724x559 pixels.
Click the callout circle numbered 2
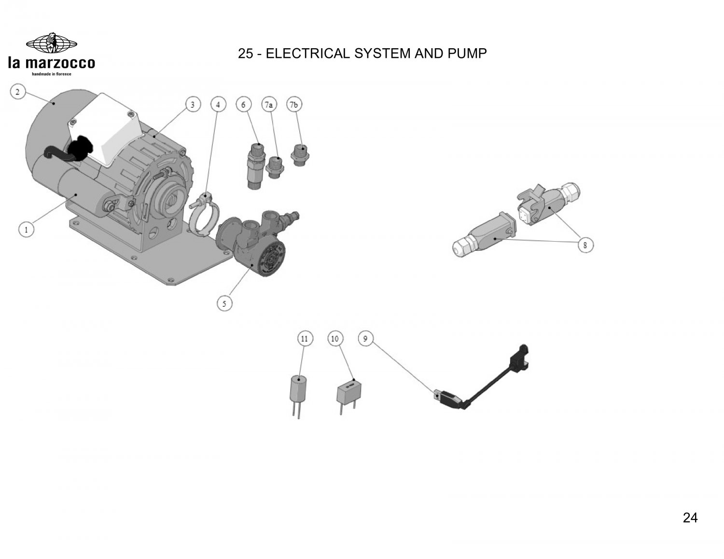pyautogui.click(x=18, y=92)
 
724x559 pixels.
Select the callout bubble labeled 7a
pyautogui.click(x=269, y=105)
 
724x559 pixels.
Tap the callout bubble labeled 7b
pyautogui.click(x=294, y=105)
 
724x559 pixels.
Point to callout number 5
pyautogui.click(x=224, y=303)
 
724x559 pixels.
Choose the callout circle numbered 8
pyautogui.click(x=585, y=245)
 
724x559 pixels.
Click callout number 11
pyautogui.click(x=305, y=339)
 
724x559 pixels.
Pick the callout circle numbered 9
pyautogui.click(x=365, y=339)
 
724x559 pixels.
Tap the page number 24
pyautogui.click(x=690, y=518)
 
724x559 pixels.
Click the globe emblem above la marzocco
pyautogui.click(x=52, y=43)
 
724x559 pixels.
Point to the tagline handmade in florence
pyautogui.click(x=52, y=74)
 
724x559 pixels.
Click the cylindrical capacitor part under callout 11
pyautogui.click(x=298, y=396)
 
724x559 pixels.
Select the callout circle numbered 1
pyautogui.click(x=27, y=230)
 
